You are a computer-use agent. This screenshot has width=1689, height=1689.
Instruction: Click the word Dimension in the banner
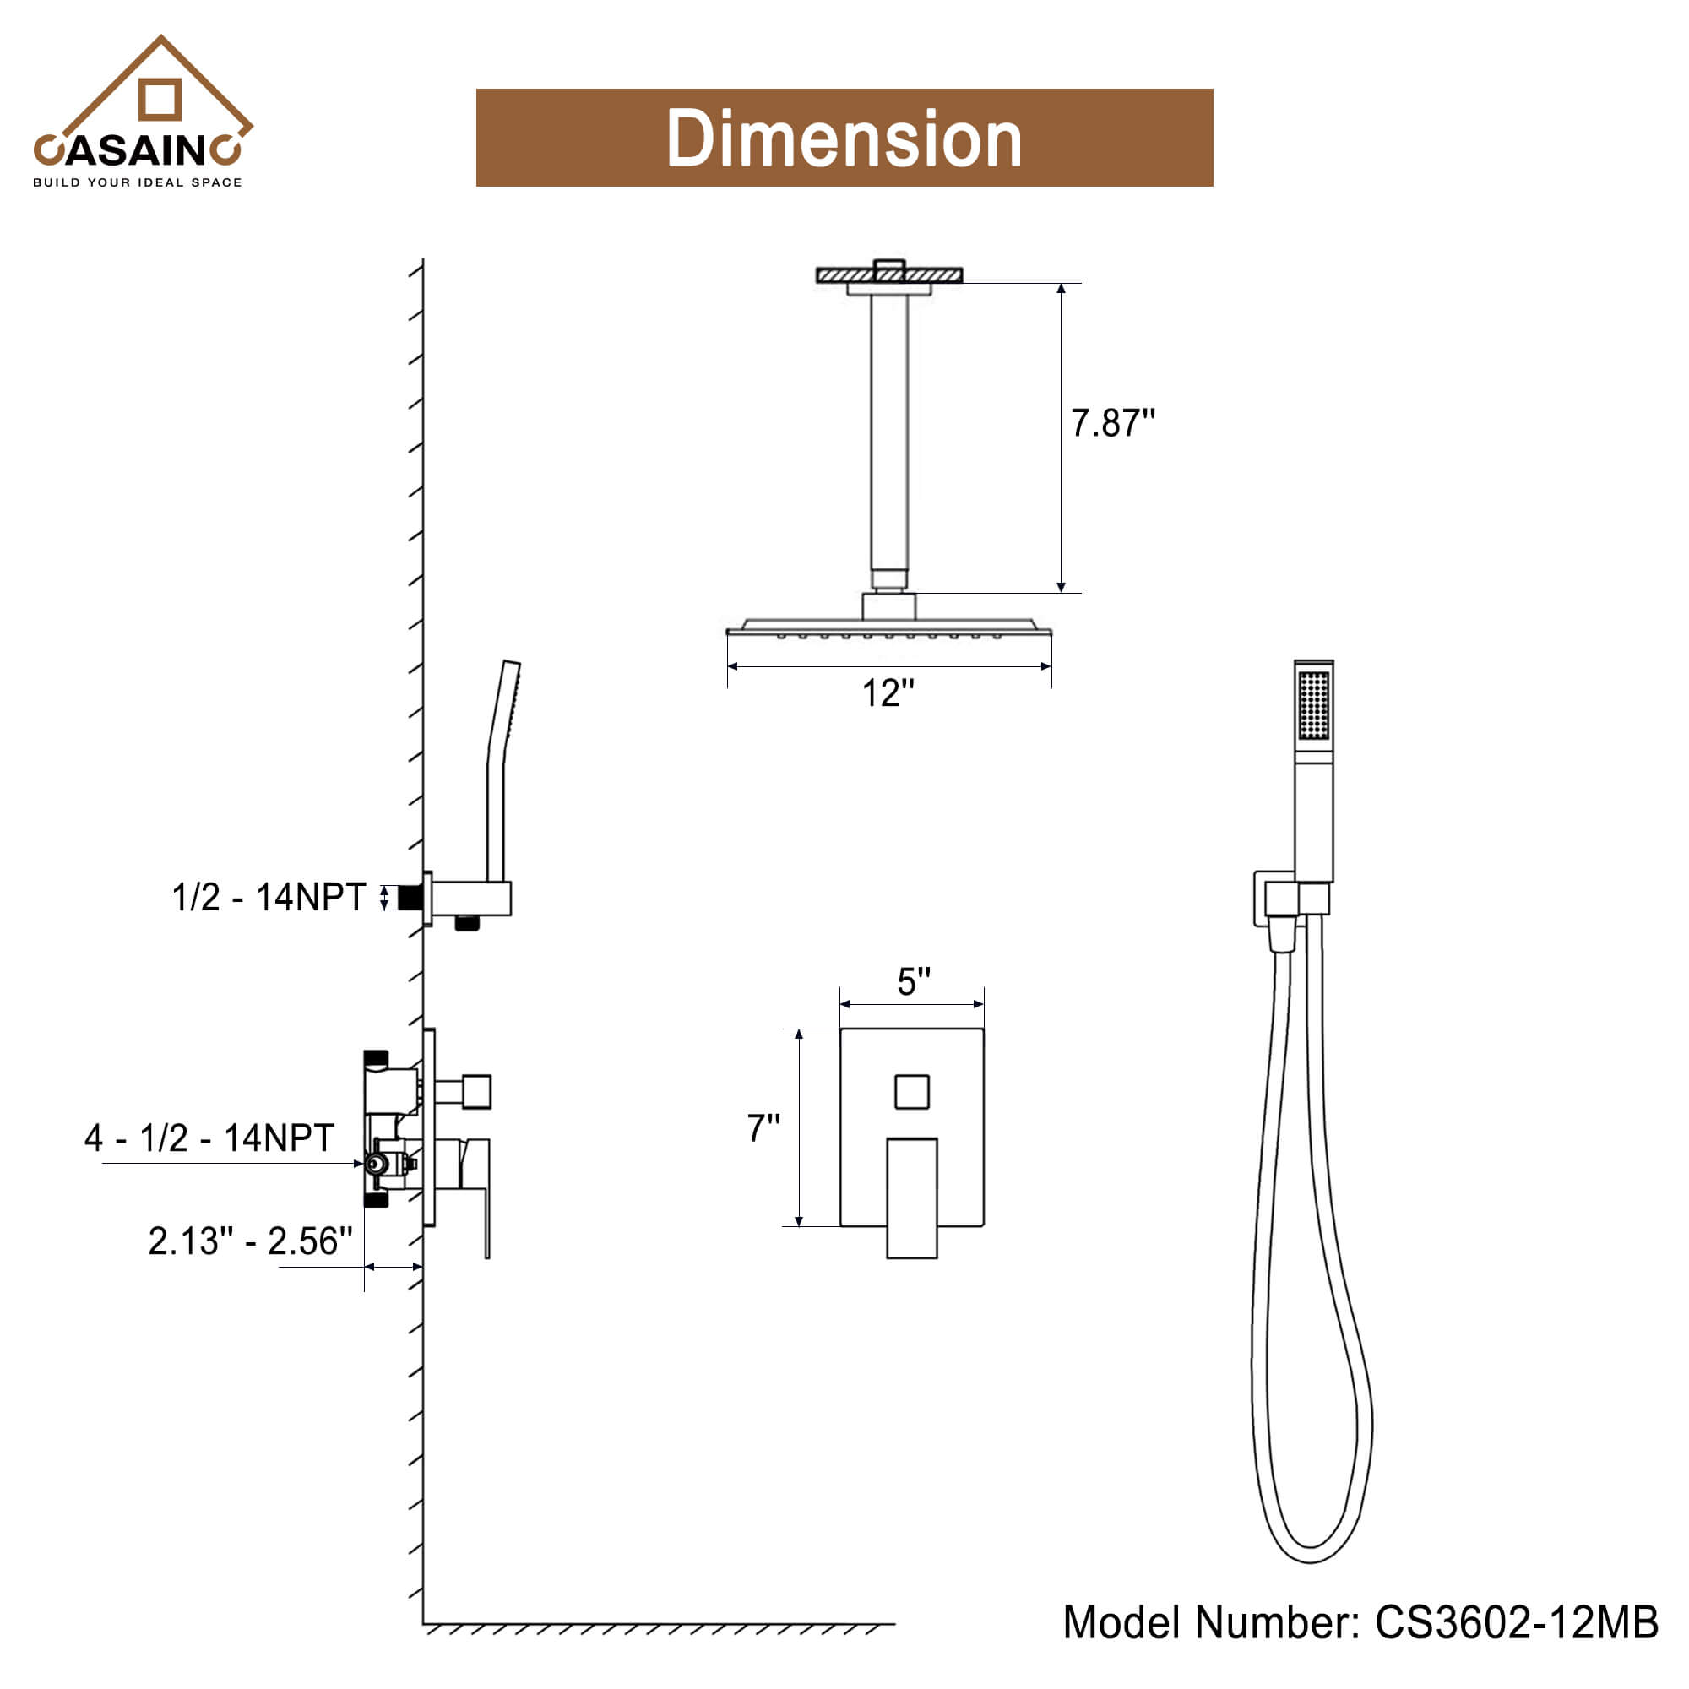[x=844, y=138]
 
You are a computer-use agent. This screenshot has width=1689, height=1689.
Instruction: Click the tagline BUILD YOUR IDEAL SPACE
[x=138, y=182]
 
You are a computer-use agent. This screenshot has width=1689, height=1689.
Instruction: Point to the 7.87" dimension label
[x=1112, y=423]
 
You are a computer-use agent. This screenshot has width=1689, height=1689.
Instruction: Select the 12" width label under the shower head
[x=888, y=693]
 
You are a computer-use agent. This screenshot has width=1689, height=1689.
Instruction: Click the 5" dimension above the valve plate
[x=914, y=982]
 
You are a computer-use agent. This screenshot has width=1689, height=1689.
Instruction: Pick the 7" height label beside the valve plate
[x=763, y=1128]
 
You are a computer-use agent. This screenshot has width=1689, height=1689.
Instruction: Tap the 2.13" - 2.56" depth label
[x=250, y=1241]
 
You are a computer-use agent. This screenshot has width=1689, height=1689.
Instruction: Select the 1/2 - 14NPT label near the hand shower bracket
[x=269, y=898]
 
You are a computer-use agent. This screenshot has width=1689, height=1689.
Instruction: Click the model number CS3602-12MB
[x=1516, y=1621]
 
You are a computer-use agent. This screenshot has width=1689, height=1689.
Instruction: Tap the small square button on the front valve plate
[x=912, y=1092]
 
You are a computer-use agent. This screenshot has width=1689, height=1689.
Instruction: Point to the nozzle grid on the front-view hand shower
[x=1313, y=705]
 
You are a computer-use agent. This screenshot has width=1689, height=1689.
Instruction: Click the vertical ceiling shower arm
[x=889, y=437]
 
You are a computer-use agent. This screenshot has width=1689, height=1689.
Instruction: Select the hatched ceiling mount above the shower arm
[x=889, y=275]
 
